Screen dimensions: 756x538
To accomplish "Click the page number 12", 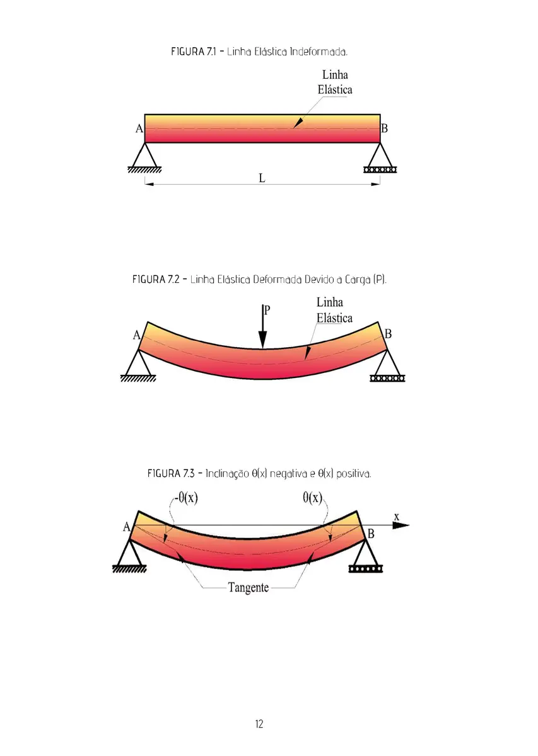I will (x=259, y=724).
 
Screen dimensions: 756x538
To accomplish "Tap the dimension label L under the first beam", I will (x=262, y=178).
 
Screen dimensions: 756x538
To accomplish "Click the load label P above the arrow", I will (x=267, y=310).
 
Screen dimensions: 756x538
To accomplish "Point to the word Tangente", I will (x=248, y=588).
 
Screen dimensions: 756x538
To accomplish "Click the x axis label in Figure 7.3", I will (x=397, y=517).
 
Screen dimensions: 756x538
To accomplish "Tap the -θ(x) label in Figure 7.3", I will (x=184, y=498).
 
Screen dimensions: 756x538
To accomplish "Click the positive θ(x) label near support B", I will (x=312, y=498).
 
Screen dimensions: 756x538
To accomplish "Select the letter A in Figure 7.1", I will (x=139, y=129).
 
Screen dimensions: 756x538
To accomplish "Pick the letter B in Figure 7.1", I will (x=384, y=129).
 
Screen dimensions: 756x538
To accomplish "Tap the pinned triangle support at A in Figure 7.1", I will (x=145, y=157).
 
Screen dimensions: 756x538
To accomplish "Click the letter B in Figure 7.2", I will (x=388, y=334).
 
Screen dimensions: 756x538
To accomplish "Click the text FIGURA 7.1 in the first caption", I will (x=192, y=51).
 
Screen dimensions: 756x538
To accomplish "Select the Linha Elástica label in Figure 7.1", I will (x=335, y=83).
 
